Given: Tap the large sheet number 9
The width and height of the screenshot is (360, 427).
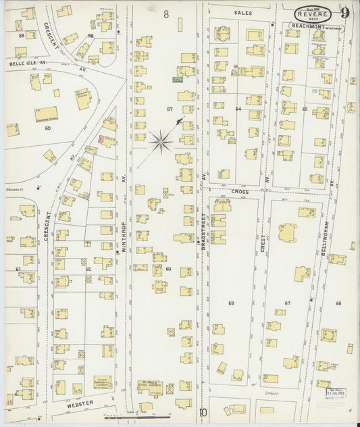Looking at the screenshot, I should [344, 11].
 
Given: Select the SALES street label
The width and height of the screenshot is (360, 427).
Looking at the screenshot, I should [242, 13].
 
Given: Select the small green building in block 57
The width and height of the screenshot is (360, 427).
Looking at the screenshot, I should [177, 80].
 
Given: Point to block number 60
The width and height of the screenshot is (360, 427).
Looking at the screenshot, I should [47, 127].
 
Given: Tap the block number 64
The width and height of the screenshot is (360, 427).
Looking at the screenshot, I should [238, 108].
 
